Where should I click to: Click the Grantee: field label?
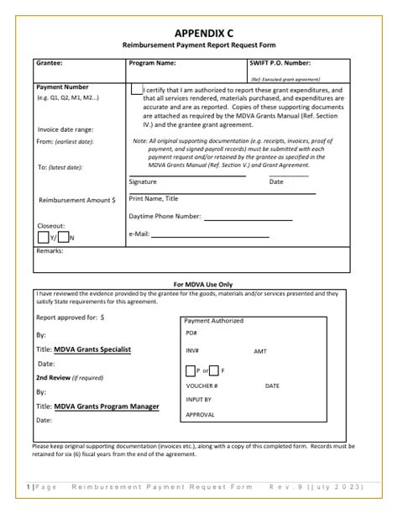click(x=50, y=63)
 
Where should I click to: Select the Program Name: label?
click(x=152, y=63)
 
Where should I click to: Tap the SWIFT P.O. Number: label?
click(x=280, y=63)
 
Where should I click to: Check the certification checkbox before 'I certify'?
click(x=136, y=89)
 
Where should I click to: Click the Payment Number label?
click(x=63, y=87)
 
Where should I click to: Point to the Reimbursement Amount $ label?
click(x=77, y=200)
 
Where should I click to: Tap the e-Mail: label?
click(x=139, y=233)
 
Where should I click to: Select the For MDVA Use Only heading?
click(x=202, y=284)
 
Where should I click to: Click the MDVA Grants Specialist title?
click(x=92, y=349)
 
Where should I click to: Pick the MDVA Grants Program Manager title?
click(x=107, y=406)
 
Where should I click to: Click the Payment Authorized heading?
click(x=214, y=321)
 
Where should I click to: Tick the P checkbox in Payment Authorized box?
click(x=190, y=370)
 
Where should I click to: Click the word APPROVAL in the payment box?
click(x=200, y=415)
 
